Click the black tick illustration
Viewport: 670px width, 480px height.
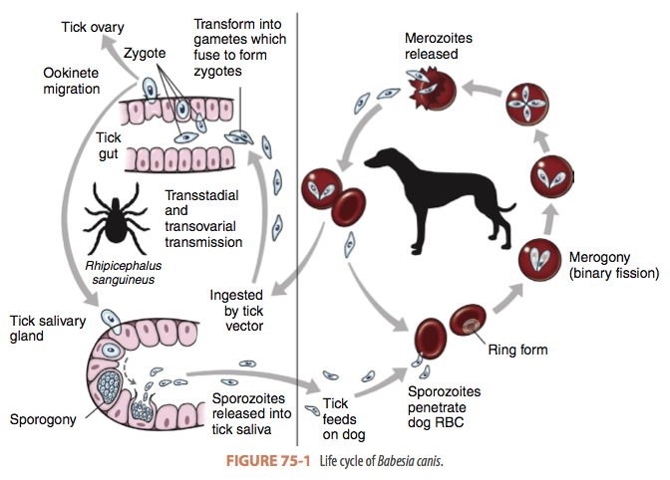(x=117, y=214)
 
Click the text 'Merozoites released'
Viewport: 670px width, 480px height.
(x=438, y=46)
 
